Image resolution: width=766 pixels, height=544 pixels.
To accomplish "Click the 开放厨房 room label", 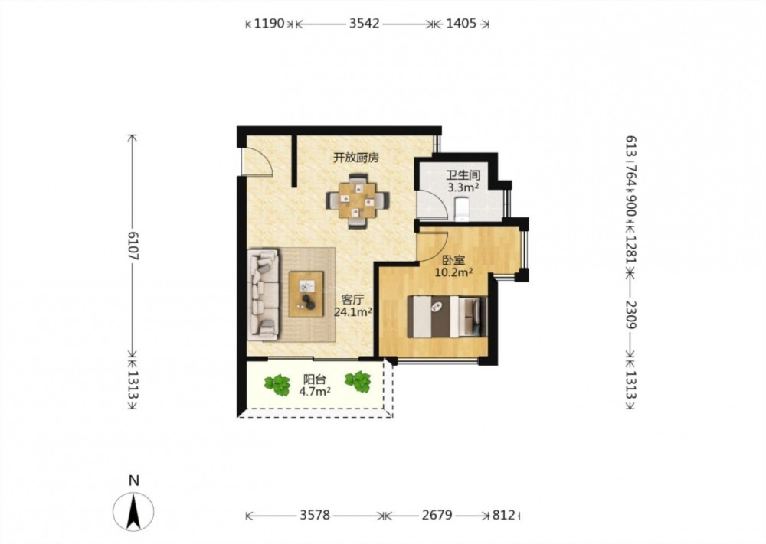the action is pyautogui.click(x=356, y=158).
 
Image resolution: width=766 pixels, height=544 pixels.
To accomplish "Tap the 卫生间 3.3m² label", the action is pyautogui.click(x=463, y=181).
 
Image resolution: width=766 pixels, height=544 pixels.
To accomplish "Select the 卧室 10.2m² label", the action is pyautogui.click(x=453, y=266).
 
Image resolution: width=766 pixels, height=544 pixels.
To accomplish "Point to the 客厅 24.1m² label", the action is pyautogui.click(x=352, y=306).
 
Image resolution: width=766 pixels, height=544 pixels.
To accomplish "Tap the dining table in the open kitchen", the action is pyautogui.click(x=358, y=200).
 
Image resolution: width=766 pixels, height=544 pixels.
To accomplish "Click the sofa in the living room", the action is pyautogui.click(x=264, y=295).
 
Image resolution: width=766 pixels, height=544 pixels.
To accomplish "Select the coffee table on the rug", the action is pyautogui.click(x=306, y=295).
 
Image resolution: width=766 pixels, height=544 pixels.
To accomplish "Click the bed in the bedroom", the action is pyautogui.click(x=447, y=316).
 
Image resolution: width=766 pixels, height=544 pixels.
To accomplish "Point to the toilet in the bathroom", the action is pyautogui.click(x=462, y=209).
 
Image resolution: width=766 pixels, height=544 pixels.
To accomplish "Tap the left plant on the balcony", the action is pyautogui.click(x=277, y=384).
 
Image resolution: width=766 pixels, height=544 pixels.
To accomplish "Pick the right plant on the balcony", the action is pyautogui.click(x=358, y=382).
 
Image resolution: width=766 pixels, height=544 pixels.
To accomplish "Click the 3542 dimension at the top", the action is pyautogui.click(x=364, y=23).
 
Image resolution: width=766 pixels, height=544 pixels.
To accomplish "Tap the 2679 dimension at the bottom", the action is pyautogui.click(x=437, y=515).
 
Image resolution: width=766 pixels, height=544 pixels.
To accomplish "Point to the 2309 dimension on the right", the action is pyautogui.click(x=632, y=315).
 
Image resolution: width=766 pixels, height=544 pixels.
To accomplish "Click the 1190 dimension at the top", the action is pyautogui.click(x=269, y=23).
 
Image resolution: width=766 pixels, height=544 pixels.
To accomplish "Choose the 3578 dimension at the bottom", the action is pyautogui.click(x=315, y=515).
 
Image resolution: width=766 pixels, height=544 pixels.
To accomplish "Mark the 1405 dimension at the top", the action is pyautogui.click(x=461, y=23).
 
